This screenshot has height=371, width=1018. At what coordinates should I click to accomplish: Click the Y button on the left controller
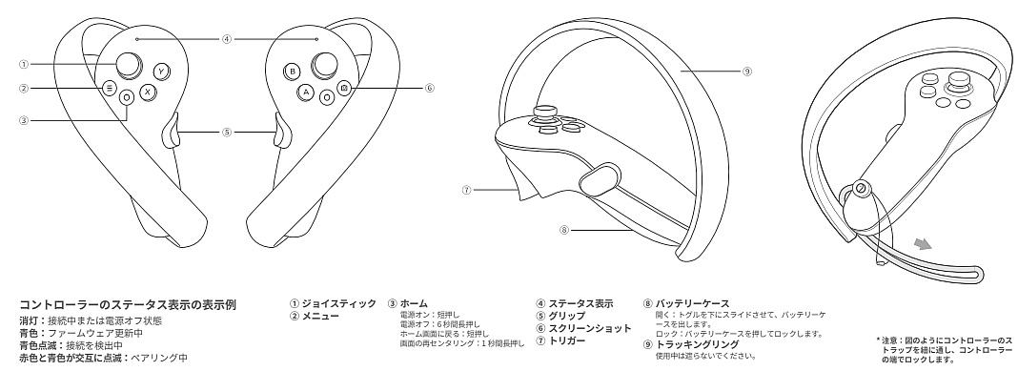coord(161,71)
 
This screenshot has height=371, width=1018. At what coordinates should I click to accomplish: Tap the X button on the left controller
coord(148,92)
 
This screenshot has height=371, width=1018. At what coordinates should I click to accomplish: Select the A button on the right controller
coord(306,93)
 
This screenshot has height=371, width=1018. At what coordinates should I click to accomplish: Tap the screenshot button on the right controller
coord(344,87)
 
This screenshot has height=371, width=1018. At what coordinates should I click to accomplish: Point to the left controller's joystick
coord(130,64)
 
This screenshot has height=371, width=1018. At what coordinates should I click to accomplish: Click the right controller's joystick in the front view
coord(324,64)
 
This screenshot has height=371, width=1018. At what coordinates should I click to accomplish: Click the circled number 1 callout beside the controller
coord(24,64)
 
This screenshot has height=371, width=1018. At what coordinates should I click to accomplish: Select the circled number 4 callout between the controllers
coord(227,39)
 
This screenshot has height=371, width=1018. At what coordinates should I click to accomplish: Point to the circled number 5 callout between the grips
coord(227,132)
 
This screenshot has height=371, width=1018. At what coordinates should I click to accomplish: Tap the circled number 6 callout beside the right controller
coord(430,88)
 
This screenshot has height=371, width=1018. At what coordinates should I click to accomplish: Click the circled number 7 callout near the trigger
coord(466,190)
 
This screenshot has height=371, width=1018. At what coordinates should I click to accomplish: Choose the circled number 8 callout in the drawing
coord(564,229)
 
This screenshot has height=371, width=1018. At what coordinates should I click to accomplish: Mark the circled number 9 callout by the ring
coord(747,72)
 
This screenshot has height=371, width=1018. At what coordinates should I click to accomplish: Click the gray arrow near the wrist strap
coord(922,243)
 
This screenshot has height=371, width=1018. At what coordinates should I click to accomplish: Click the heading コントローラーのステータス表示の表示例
coord(128,304)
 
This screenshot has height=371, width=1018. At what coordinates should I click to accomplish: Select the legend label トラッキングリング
coord(698,344)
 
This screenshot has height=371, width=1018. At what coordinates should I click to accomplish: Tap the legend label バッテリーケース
coord(692,303)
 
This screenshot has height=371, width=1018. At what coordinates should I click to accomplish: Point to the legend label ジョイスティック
coord(339,303)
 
